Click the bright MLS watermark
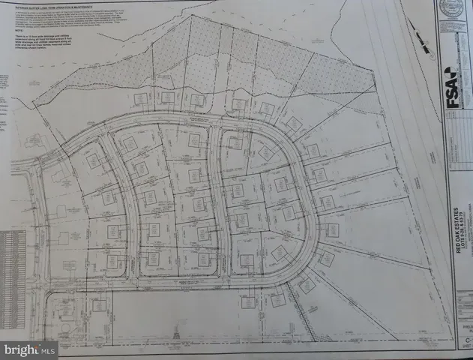tap(30, 349)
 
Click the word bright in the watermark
tap(22, 349)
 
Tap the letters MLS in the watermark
tap(47, 349)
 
